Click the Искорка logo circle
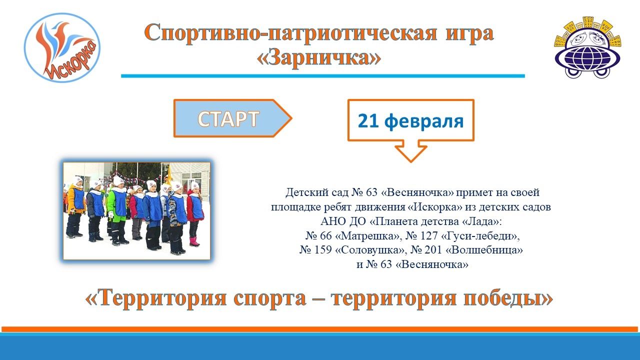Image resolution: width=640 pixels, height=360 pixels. pyautogui.click(x=62, y=47)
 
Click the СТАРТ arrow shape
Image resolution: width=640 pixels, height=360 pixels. pyautogui.click(x=232, y=118)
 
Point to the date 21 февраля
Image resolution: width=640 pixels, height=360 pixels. pyautogui.click(x=410, y=121)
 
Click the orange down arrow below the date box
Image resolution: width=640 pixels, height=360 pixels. pyautogui.click(x=411, y=151)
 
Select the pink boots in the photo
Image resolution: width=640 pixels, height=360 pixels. pyautogui.click(x=194, y=241)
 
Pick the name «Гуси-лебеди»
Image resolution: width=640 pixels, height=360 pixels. pyautogui.click(x=480, y=235)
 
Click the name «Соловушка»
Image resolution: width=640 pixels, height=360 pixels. pyautogui.click(x=370, y=250)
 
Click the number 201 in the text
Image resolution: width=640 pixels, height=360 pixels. pyautogui.click(x=433, y=250)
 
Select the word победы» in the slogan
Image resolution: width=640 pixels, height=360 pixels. pyautogui.click(x=508, y=299)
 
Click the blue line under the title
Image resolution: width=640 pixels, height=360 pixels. pyautogui.click(x=323, y=76)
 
